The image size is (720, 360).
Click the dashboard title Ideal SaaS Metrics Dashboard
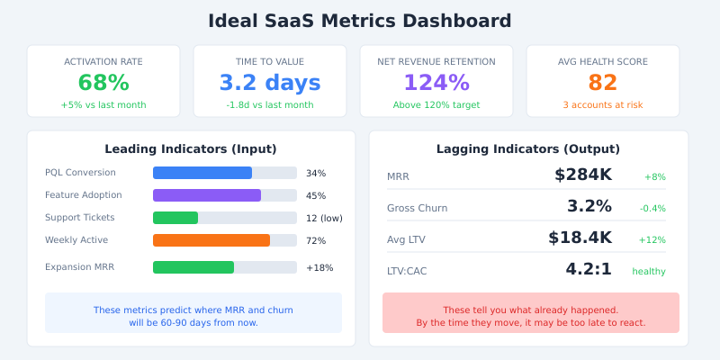pyautogui.click(x=360, y=21)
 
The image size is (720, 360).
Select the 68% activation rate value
pyautogui.click(x=103, y=83)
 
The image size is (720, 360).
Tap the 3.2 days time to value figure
pyautogui.click(x=270, y=83)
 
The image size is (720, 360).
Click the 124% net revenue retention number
pyautogui.click(x=436, y=83)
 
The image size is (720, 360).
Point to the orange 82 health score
pyautogui.click(x=603, y=83)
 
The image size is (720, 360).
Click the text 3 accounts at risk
pyautogui.click(x=603, y=105)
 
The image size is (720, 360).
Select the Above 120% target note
pyautogui.click(x=436, y=105)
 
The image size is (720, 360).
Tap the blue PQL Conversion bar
pyautogui.click(x=202, y=173)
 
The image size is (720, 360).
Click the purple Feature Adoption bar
pyautogui.click(x=207, y=195)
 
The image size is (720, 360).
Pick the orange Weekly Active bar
pyautogui.click(x=211, y=240)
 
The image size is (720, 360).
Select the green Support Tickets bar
pyautogui.click(x=175, y=218)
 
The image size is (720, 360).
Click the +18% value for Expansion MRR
pyautogui.click(x=319, y=267)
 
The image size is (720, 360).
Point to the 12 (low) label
pyautogui.click(x=324, y=218)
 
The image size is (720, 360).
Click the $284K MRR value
pyautogui.click(x=583, y=175)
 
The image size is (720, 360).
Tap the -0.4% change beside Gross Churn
pyautogui.click(x=652, y=209)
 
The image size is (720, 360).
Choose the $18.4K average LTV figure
pyautogui.click(x=580, y=238)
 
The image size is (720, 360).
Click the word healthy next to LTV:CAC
pyautogui.click(x=649, y=272)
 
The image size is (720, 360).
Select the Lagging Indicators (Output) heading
pyautogui.click(x=528, y=149)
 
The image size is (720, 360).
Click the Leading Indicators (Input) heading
pyautogui.click(x=191, y=149)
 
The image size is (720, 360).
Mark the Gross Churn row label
pyautogui.click(x=417, y=208)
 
